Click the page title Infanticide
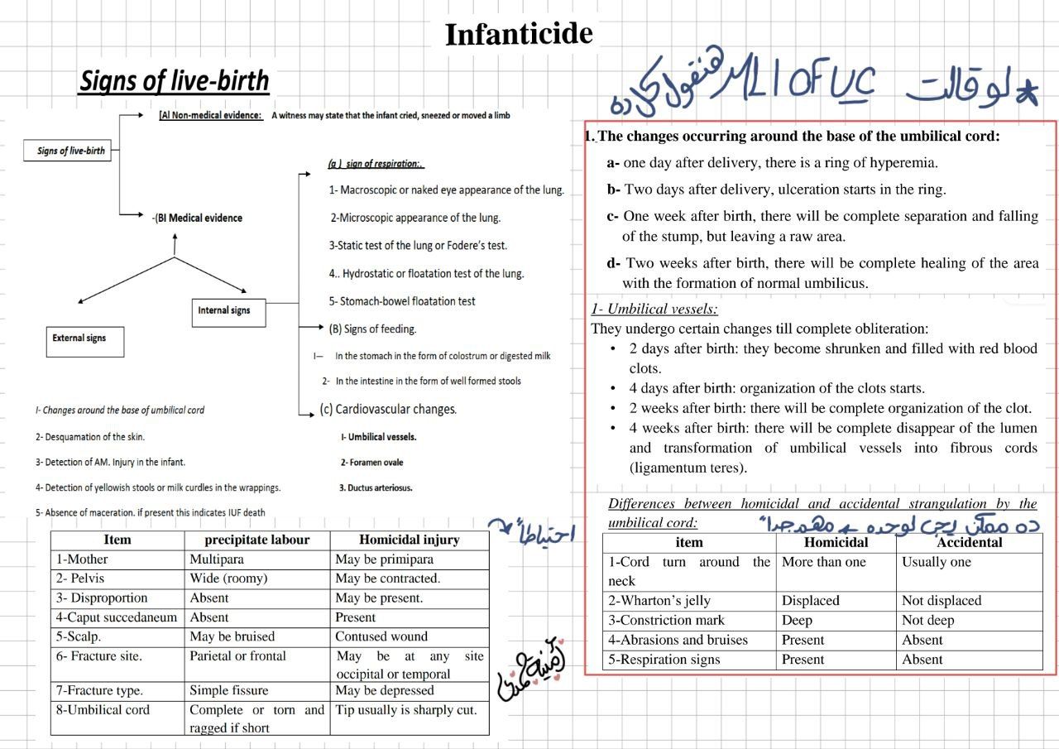519,35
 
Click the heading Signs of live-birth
174,81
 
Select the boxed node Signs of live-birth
70,151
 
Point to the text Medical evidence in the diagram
199,218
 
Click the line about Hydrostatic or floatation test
427,273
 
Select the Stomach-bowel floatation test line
402,301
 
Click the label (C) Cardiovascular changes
388,409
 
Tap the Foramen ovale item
372,463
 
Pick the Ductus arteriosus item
376,488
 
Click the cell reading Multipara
218,559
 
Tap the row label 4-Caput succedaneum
117,617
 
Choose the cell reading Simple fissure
229,690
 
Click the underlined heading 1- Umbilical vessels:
654,310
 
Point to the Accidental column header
969,543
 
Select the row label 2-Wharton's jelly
659,601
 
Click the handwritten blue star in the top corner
1026,93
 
